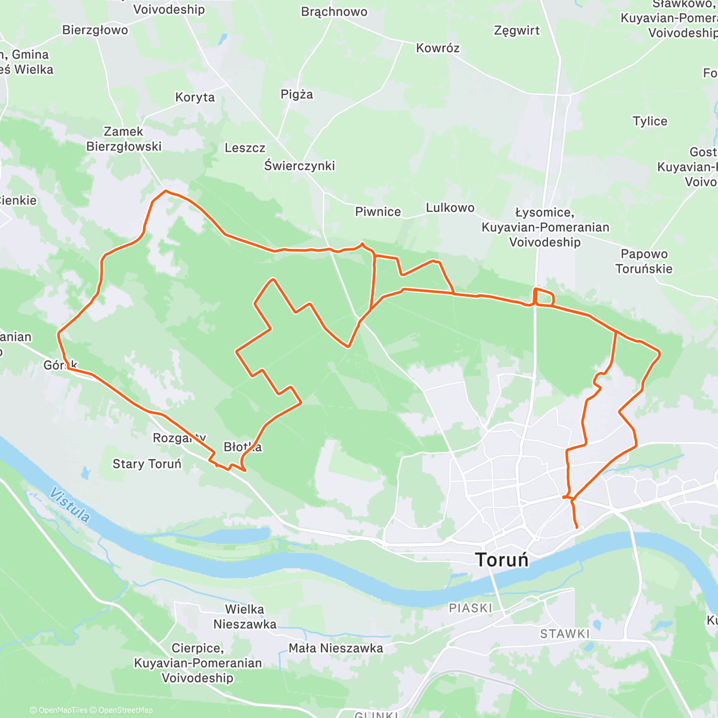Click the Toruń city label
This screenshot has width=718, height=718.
[502, 560]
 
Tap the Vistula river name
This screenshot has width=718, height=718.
[70, 505]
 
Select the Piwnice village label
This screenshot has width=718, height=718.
[378, 212]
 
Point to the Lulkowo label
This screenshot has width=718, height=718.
[450, 208]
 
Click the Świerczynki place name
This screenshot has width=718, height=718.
[300, 166]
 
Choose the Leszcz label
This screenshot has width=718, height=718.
[245, 148]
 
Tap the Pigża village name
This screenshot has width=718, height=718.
[297, 95]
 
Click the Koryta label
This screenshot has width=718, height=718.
[194, 97]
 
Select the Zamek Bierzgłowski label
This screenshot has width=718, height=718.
[124, 139]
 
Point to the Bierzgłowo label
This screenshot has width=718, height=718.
[95, 30]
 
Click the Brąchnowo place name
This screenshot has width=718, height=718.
[334, 12]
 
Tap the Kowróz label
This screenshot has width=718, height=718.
[437, 48]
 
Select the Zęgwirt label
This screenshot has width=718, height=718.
[517, 31]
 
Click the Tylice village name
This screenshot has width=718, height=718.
[650, 121]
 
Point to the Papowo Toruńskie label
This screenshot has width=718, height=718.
[644, 261]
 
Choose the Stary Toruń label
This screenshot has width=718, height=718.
[147, 464]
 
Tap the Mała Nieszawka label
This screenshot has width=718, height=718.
[336, 648]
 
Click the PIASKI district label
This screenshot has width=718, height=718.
[470, 608]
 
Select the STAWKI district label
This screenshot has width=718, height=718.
[565, 634]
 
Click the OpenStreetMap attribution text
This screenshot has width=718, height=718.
[125, 710]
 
